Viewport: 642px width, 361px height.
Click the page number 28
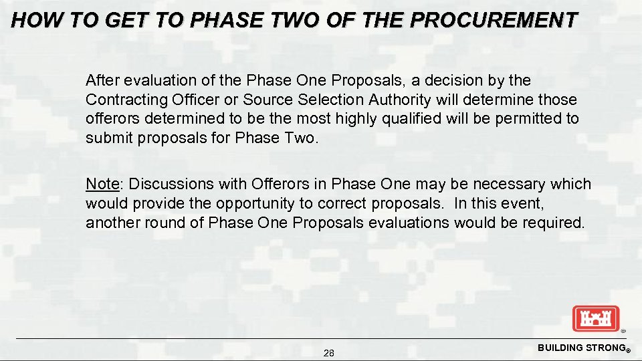coord(328,353)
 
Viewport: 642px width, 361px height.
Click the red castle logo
coord(596,318)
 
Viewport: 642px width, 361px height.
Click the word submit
coord(109,138)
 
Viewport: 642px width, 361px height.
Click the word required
coord(553,223)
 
